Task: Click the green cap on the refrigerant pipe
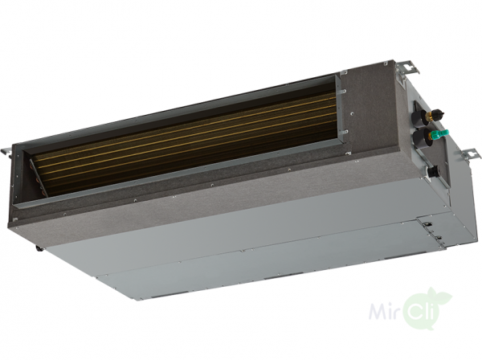440,134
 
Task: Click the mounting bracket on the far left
6,152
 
